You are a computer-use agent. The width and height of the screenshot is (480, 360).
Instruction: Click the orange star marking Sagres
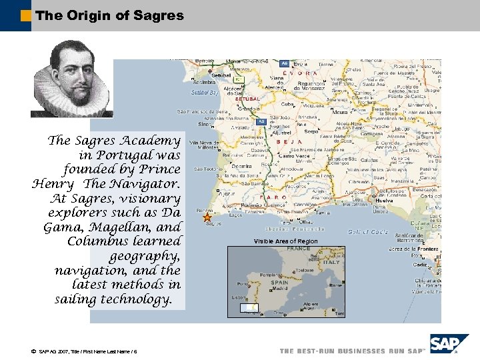pyautogui.click(x=207, y=217)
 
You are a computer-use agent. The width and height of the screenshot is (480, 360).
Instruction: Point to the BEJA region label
pyautogui.click(x=291, y=142)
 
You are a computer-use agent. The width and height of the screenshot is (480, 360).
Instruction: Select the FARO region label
pyautogui.click(x=275, y=197)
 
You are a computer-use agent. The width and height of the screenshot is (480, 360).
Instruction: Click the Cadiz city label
pyautogui.click(x=420, y=265)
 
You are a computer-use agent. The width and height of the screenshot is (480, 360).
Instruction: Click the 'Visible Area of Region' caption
pyautogui.click(x=285, y=241)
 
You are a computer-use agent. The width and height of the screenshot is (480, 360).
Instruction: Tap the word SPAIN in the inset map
pyautogui.click(x=279, y=282)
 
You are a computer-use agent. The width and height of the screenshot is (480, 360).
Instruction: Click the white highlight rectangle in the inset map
pyautogui.click(x=249, y=308)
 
